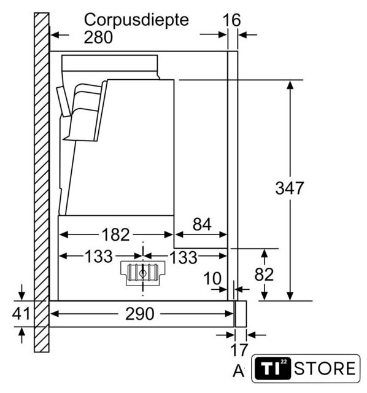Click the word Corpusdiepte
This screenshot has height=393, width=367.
(x=136, y=20)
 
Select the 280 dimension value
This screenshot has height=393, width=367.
(x=98, y=37)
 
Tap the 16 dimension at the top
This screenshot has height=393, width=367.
(x=232, y=20)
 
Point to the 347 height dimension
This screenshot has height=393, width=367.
(x=289, y=188)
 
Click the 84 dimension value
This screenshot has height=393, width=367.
(x=202, y=224)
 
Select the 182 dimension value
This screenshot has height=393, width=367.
(x=115, y=235)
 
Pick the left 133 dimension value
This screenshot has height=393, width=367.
(x=99, y=257)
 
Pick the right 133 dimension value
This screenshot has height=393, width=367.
(x=183, y=257)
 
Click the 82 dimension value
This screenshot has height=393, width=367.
(x=264, y=274)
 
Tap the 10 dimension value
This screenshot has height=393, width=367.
(x=212, y=278)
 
